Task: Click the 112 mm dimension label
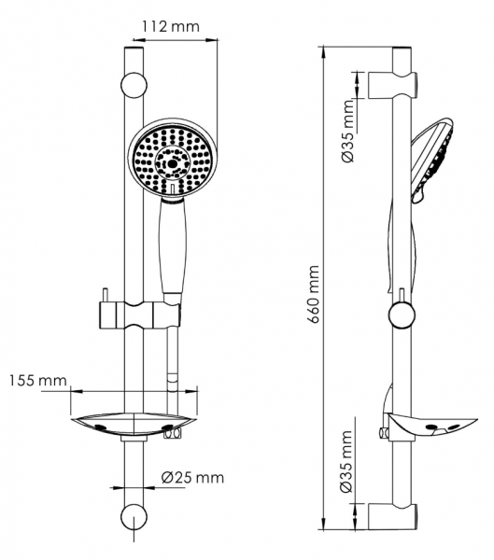(x=171, y=27)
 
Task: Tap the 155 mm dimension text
(x=38, y=381)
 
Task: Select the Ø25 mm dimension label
(x=192, y=478)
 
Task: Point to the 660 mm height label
(x=314, y=294)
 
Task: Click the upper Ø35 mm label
(x=347, y=131)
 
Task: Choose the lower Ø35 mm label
(x=346, y=461)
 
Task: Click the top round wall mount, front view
(x=134, y=86)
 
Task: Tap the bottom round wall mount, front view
(x=134, y=517)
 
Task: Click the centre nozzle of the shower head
(x=173, y=163)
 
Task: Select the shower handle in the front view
(x=173, y=247)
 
